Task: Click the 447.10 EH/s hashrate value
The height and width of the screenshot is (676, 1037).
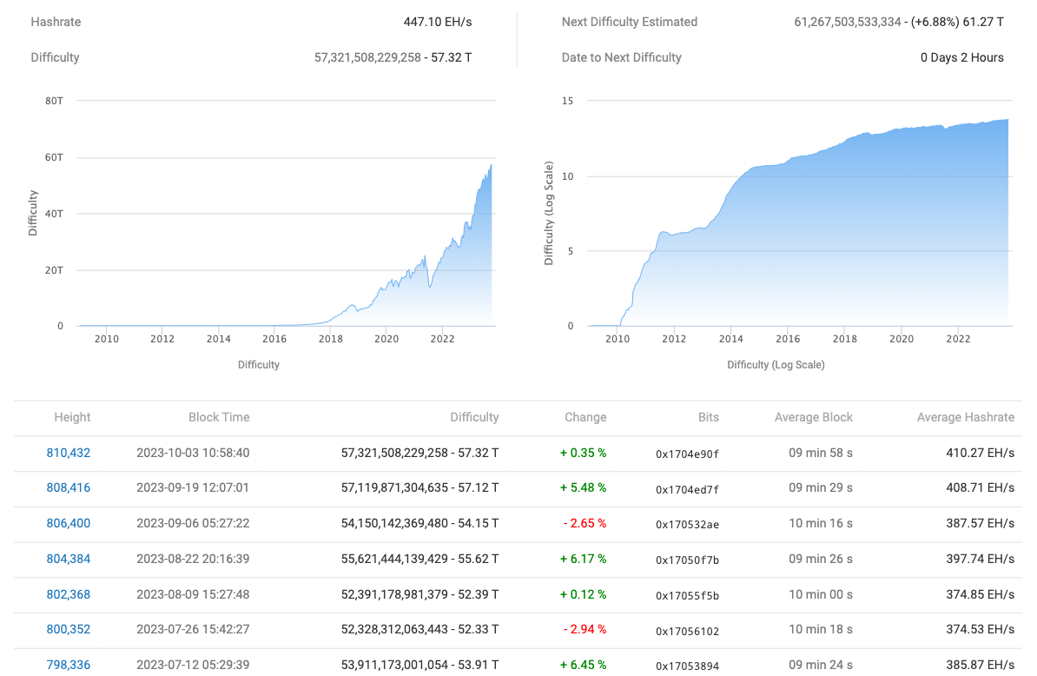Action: coord(438,22)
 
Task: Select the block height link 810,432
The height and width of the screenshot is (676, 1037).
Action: coord(69,453)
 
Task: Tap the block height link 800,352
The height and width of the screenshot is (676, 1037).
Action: coord(69,630)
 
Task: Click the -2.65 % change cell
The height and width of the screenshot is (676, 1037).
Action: coord(585,524)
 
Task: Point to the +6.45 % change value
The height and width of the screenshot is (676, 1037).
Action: coord(585,666)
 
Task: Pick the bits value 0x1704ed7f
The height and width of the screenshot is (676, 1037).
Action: coord(687,488)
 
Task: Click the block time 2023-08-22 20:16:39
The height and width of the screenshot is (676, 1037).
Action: coord(193,560)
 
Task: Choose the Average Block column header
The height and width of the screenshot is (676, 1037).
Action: coord(813,417)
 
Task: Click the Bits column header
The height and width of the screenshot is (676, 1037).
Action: coord(708,417)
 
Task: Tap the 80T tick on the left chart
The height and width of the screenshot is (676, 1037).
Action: coord(54,101)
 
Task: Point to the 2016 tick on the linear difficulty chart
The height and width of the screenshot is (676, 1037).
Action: coord(274,339)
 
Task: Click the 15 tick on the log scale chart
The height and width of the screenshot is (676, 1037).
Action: coord(567,101)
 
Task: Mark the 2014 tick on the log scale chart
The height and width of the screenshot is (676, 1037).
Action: coord(730,339)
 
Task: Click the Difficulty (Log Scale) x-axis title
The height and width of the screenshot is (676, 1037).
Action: coord(776,365)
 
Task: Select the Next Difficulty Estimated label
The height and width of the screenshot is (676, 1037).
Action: coord(630,22)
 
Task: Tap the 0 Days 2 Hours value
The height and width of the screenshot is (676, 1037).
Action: coord(961,57)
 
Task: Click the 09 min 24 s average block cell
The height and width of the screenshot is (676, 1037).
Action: coord(820,666)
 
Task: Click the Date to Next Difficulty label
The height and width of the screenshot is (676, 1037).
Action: coord(622,57)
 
